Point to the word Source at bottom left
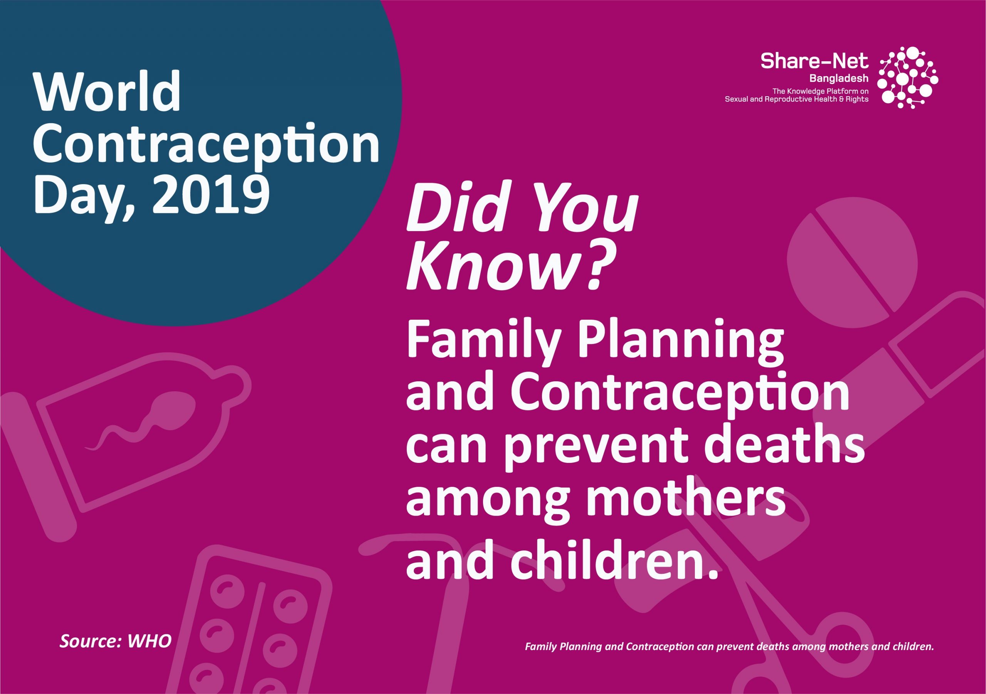pyautogui.click(x=91, y=653)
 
